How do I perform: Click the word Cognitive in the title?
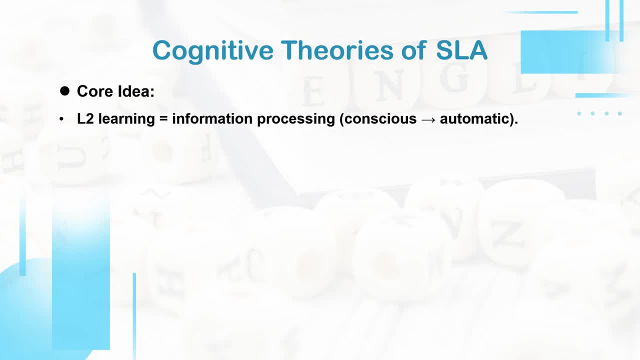213,51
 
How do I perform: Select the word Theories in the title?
337,50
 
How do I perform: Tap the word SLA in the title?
461,50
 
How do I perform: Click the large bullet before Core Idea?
65,91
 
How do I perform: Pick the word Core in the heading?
95,91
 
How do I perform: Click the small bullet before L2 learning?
61,119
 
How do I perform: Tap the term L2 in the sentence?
85,119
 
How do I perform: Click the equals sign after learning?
163,119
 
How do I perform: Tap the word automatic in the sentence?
475,119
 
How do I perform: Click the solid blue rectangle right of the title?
567,52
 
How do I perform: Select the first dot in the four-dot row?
579,113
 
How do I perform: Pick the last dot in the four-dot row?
619,113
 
